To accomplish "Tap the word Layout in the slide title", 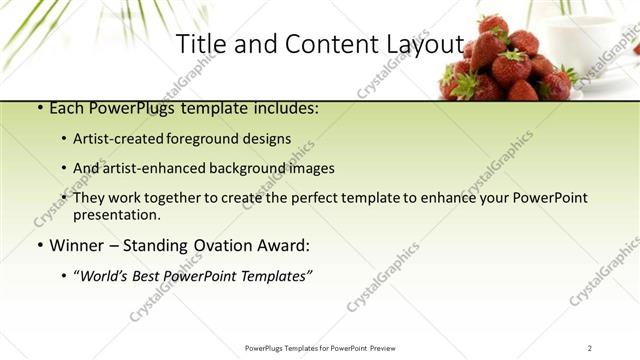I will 424,45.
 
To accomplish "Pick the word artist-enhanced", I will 154,168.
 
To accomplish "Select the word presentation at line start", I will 116,214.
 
